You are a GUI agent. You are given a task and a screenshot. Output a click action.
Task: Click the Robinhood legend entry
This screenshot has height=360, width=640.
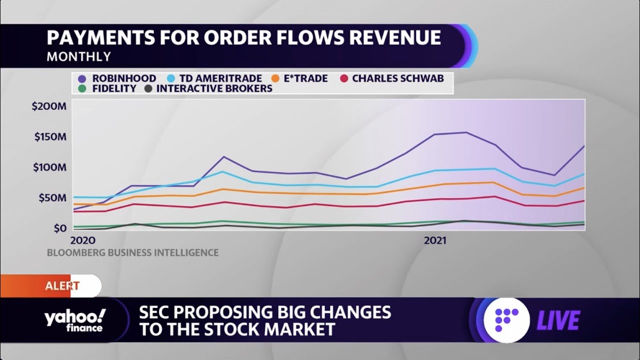(x=118, y=78)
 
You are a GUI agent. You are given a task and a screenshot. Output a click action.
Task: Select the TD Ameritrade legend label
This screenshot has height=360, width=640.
(x=220, y=78)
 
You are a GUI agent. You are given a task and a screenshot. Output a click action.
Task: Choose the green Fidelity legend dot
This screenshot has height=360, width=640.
(x=82, y=88)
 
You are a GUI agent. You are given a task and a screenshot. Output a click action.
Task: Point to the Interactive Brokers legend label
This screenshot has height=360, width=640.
(x=214, y=88)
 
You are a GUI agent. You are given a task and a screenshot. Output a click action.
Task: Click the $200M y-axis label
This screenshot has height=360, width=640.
(x=49, y=106)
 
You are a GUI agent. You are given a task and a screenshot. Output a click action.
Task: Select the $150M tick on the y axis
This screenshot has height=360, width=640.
(x=50, y=136)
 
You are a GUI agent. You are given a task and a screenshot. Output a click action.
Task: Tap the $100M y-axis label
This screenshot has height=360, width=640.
(x=50, y=167)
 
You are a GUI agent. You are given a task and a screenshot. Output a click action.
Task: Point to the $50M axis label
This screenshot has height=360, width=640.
(x=52, y=197)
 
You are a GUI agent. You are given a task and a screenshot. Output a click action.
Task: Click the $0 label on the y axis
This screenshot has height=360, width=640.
(x=59, y=228)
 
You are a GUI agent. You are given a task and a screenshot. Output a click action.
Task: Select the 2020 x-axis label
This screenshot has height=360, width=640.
(x=82, y=240)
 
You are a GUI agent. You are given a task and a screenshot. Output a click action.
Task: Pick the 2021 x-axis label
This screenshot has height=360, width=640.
(x=435, y=240)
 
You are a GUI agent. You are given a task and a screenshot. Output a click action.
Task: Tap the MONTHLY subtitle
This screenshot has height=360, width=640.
(x=78, y=56)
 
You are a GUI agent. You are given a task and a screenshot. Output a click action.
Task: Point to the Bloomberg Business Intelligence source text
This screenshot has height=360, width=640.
(x=132, y=253)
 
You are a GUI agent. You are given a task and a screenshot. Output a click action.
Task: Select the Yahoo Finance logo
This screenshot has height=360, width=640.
(x=74, y=320)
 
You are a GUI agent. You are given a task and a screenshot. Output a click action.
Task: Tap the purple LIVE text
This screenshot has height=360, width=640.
(x=558, y=320)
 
